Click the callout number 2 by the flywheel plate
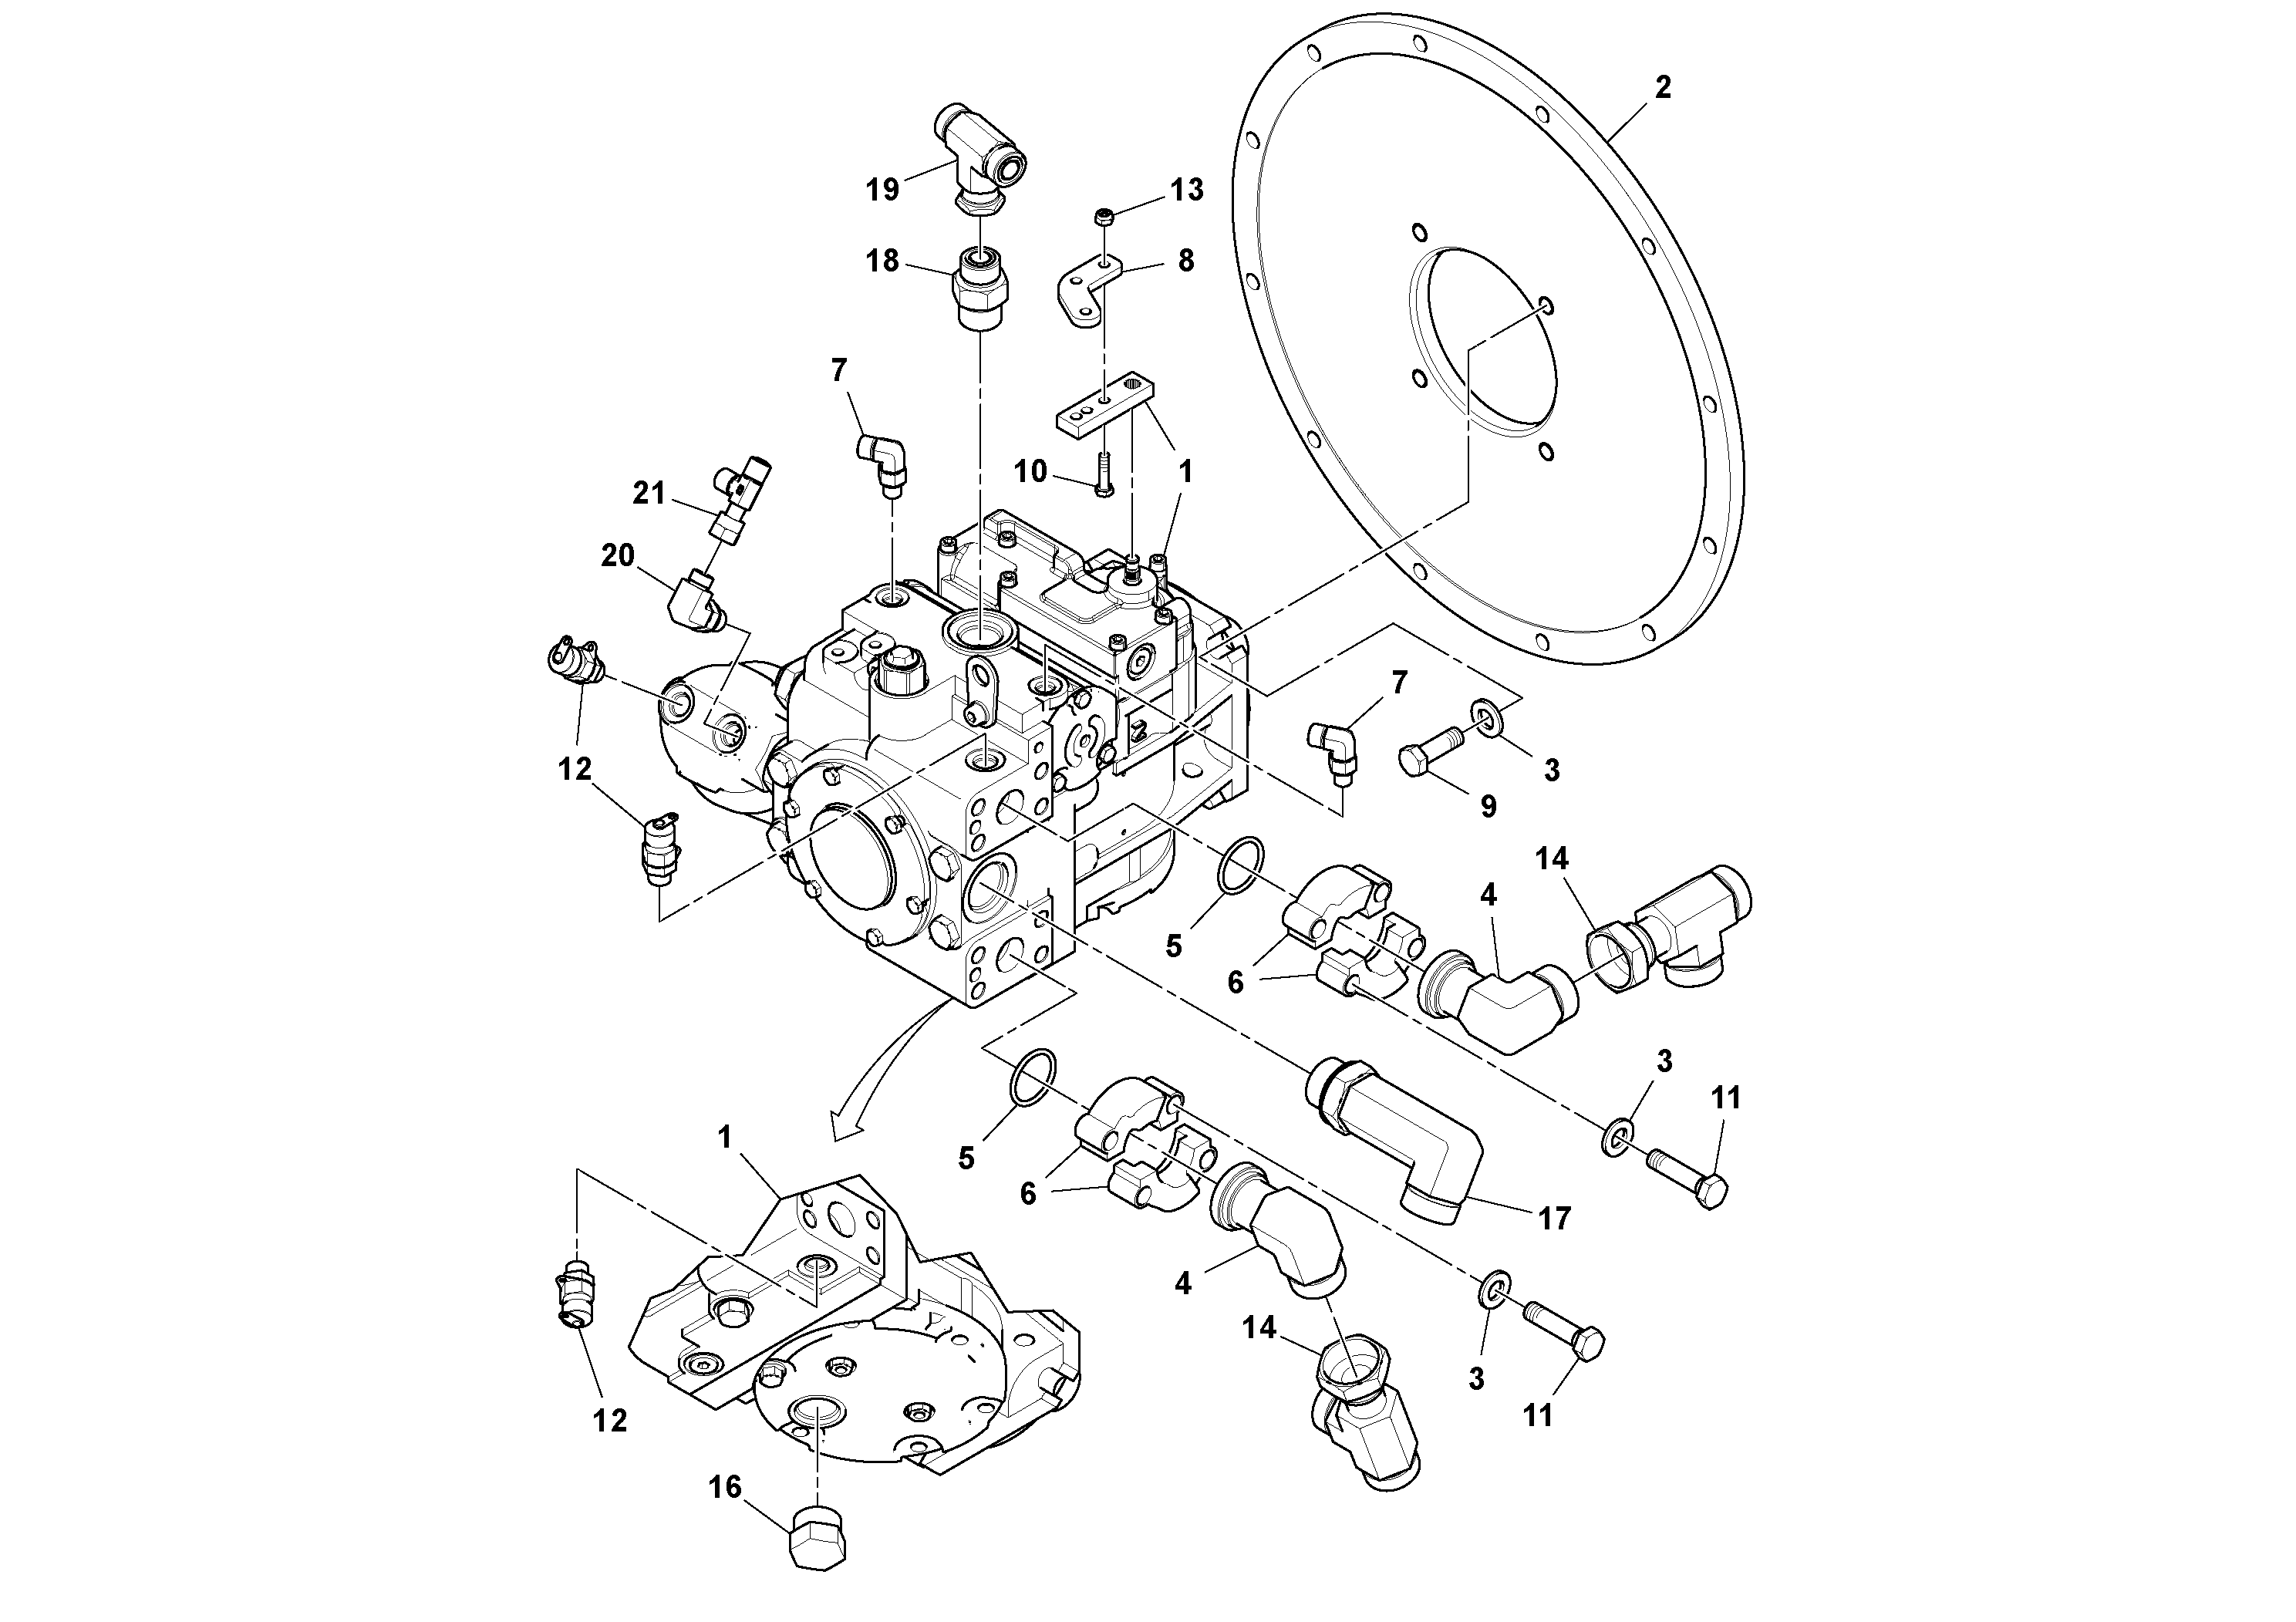pyautogui.click(x=1662, y=88)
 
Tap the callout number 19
pyautogui.click(x=882, y=189)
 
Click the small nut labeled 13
pyautogui.click(x=1104, y=216)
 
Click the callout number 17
pyautogui.click(x=1555, y=1218)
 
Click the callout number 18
pyautogui.click(x=882, y=262)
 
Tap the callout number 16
pyautogui.click(x=725, y=1487)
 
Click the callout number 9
pyautogui.click(x=1488, y=806)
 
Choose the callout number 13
pyautogui.click(x=1187, y=190)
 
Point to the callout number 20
pyautogui.click(x=618, y=555)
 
